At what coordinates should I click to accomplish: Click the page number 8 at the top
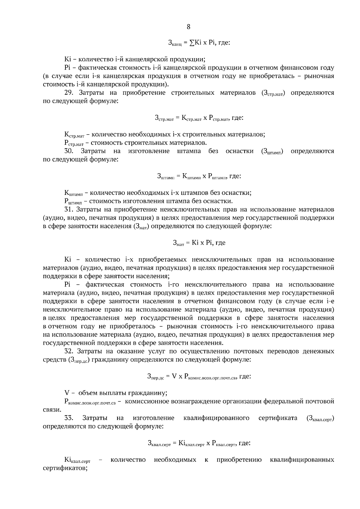click(188, 27)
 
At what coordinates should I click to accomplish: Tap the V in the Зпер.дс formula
click(174, 376)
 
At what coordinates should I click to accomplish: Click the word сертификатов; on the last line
click(65, 468)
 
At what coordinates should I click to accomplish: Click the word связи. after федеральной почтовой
click(52, 409)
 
